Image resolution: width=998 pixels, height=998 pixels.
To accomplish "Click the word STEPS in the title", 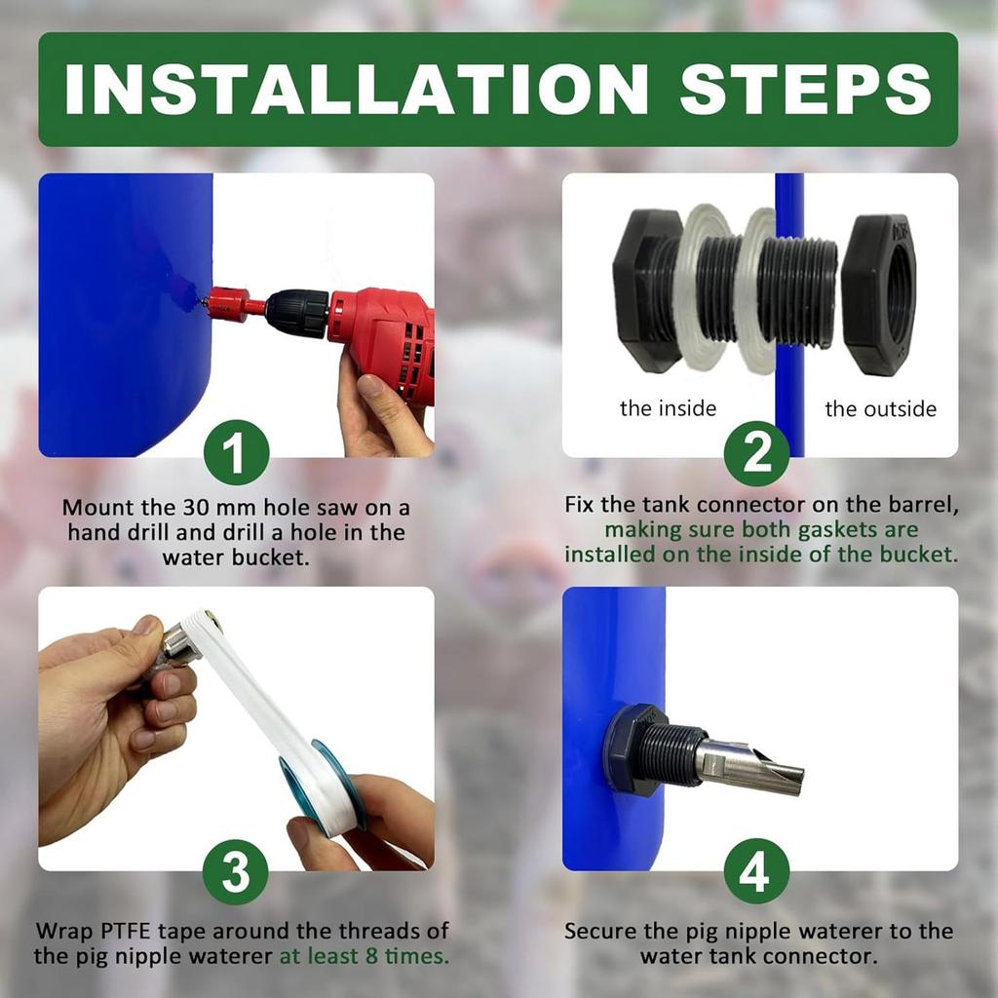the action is point(805,89).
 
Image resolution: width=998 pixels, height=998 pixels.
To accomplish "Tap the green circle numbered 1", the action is point(236,452).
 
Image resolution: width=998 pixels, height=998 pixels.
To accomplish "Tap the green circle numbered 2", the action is point(756,452).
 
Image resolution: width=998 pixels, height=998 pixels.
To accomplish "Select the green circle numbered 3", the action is point(236,871).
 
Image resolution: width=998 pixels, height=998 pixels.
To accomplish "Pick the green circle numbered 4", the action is point(756,871).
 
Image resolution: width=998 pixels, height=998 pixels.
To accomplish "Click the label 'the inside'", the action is point(669,408).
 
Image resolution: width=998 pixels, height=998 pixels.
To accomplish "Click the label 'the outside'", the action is point(881,408).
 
